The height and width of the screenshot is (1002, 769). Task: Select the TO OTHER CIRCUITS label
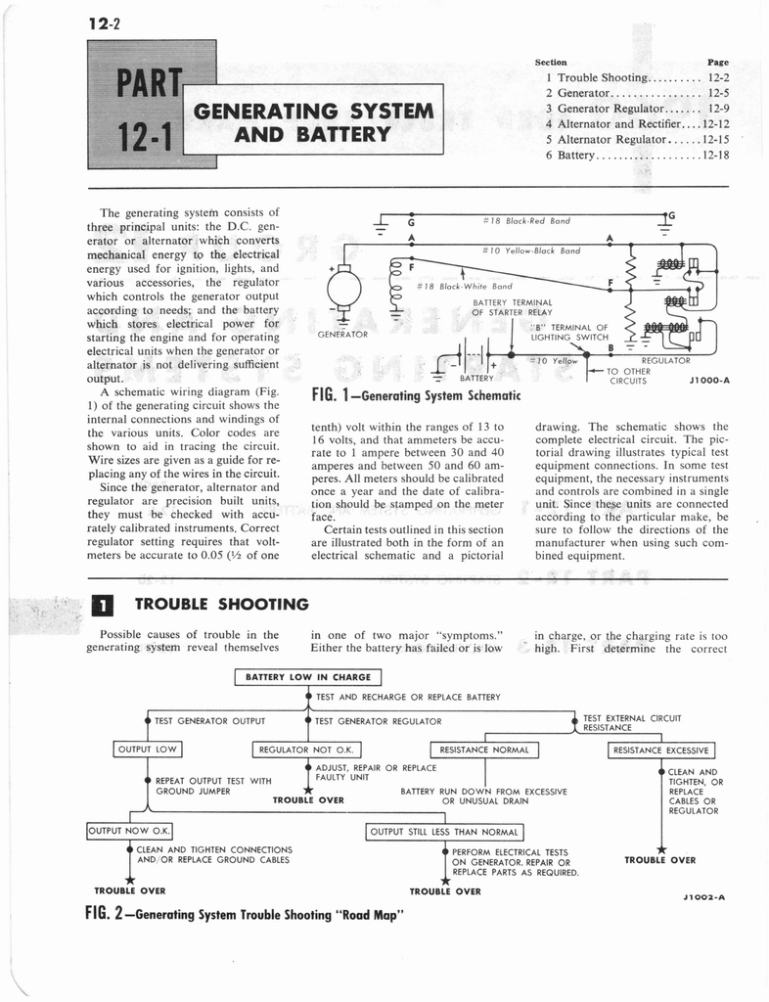point(630,377)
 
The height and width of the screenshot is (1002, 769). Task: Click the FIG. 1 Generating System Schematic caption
point(414,395)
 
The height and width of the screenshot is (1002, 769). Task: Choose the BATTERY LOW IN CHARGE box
point(307,676)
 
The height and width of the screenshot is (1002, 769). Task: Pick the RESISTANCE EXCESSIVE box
point(661,751)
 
